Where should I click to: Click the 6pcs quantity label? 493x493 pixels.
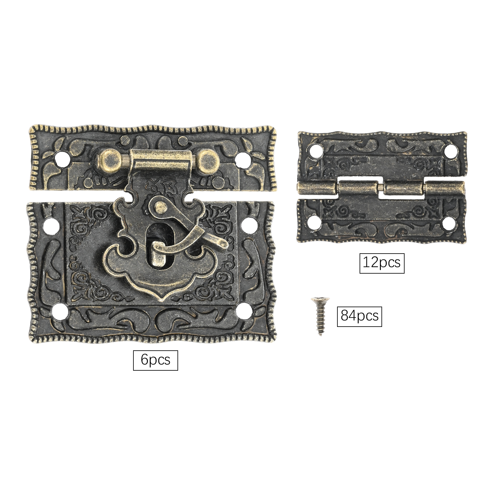(155, 360)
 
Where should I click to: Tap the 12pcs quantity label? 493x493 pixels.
(382, 263)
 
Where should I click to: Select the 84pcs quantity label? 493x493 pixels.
(359, 316)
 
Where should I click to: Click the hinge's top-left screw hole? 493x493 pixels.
(315, 151)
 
